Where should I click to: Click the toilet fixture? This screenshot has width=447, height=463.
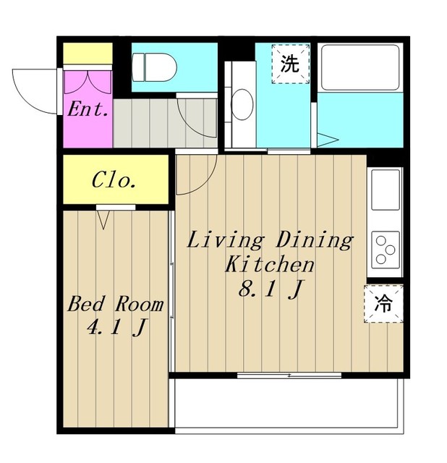click(154, 67)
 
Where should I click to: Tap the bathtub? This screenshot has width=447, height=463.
click(360, 67)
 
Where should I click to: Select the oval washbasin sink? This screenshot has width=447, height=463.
click(242, 104)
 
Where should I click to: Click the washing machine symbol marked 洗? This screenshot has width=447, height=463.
click(291, 64)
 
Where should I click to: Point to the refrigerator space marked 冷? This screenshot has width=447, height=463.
click(383, 304)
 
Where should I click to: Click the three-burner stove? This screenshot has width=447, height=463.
click(386, 250)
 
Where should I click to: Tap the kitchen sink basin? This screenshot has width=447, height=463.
click(386, 190)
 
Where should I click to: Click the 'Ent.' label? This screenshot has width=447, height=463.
click(88, 109)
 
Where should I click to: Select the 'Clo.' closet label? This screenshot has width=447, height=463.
click(114, 180)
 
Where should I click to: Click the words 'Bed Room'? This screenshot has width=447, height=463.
click(116, 304)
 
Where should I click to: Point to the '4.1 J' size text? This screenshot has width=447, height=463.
click(116, 328)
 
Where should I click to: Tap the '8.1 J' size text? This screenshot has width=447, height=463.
click(270, 289)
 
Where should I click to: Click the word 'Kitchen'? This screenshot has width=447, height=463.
click(270, 264)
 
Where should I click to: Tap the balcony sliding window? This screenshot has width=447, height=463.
click(289, 375)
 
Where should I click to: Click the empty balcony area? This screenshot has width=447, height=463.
click(289, 403)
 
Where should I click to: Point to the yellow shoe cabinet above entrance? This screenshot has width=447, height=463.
click(88, 54)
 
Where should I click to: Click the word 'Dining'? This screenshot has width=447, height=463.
click(315, 241)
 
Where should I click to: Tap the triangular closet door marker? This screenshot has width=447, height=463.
click(103, 219)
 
